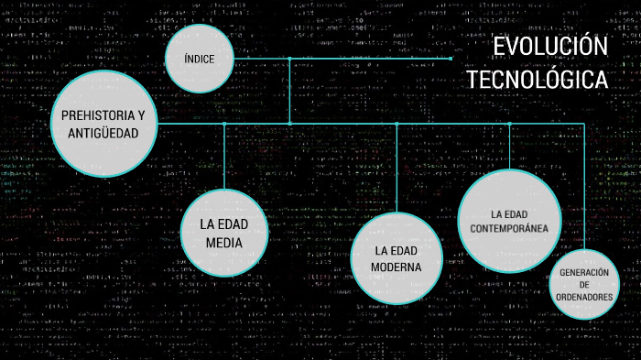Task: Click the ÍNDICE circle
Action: coord(200,59)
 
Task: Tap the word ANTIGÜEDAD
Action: coord(103,134)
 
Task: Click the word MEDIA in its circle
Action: coord(223,243)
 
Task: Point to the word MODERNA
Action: coord(396,267)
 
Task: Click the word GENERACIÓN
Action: coord(584,273)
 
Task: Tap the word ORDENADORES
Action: coord(584,298)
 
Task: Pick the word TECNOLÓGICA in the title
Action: coord(538,80)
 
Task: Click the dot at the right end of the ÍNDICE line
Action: coord(451,59)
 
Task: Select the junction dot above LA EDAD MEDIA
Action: coord(223,124)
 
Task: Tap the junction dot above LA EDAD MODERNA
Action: coord(397,124)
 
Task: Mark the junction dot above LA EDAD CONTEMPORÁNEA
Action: coord(509,124)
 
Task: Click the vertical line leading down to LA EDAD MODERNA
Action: coord(397,169)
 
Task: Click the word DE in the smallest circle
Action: coord(584,286)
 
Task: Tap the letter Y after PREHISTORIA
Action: coord(141,116)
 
